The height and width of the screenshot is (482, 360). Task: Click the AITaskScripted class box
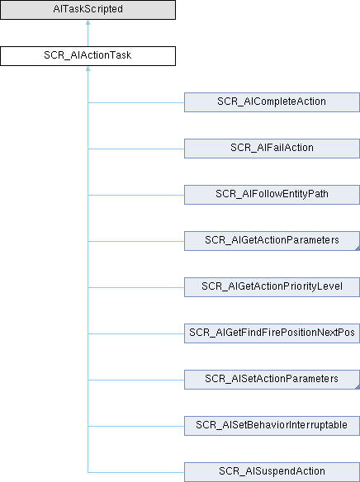point(88,10)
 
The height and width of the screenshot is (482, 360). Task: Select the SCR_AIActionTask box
point(88,56)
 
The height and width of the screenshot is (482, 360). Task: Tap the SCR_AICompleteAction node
point(272,102)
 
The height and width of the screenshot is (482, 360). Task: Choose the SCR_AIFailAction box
point(272,149)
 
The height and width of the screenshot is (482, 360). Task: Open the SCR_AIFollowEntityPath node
point(272,195)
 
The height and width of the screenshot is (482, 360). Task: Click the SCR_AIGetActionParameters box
point(272,241)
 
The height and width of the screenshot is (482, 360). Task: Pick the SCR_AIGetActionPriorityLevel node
point(272,287)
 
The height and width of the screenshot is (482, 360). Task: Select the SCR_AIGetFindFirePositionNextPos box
point(272,333)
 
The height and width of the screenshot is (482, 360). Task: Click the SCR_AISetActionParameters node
point(272,380)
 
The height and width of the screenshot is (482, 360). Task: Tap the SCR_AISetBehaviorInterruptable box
point(272,426)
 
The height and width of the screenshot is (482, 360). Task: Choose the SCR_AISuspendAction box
point(272,472)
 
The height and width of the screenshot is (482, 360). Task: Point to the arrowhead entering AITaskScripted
point(88,22)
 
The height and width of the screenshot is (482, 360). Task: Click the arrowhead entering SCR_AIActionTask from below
point(88,69)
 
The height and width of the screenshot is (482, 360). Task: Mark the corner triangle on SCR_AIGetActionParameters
point(358,248)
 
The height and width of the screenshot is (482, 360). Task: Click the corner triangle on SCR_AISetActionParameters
point(358,387)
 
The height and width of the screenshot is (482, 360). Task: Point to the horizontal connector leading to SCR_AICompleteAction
point(136,102)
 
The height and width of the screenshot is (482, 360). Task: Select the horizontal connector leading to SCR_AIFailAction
point(136,149)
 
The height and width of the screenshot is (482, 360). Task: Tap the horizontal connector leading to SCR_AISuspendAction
point(136,472)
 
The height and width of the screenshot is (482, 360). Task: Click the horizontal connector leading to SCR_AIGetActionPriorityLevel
point(136,288)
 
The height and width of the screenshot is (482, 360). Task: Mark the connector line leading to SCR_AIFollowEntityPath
point(136,196)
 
